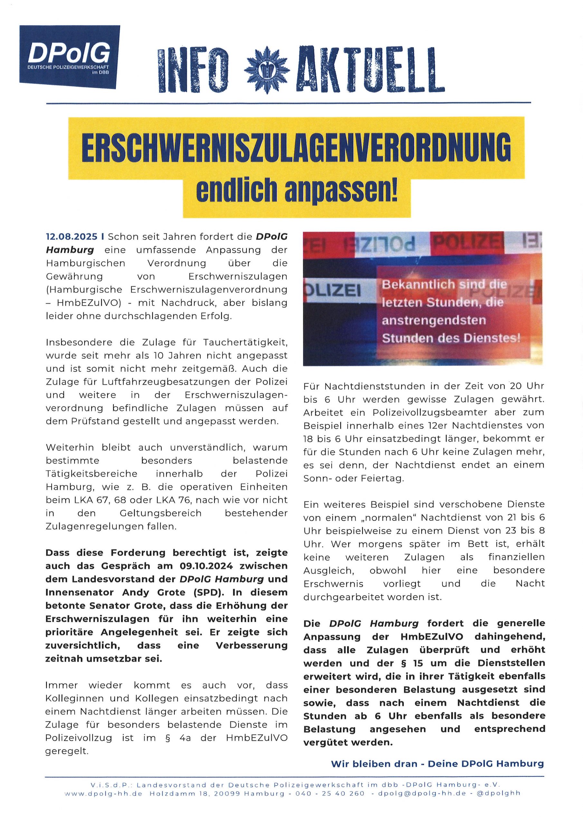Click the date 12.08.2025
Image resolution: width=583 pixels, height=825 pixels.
[x=72, y=237]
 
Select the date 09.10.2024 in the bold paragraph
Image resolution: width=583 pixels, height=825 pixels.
[x=206, y=566]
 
